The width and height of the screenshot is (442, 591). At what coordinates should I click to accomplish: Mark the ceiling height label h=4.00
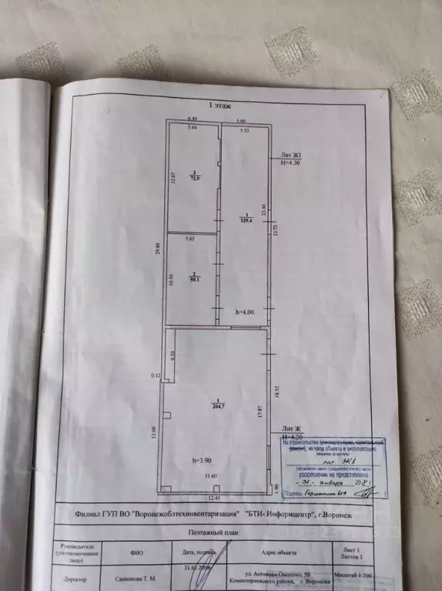pyautogui.click(x=244, y=311)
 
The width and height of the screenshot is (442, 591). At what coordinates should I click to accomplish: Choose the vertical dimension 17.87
pyautogui.click(x=260, y=412)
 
